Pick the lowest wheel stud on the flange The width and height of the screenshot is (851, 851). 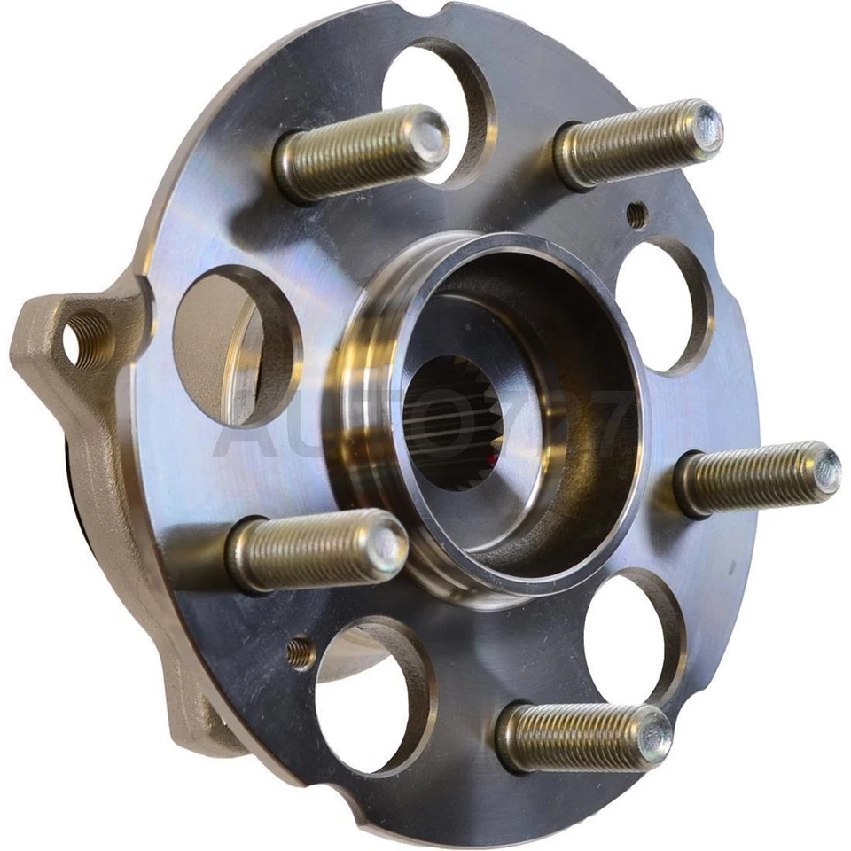[x=581, y=736]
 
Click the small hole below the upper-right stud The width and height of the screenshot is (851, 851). [x=636, y=214]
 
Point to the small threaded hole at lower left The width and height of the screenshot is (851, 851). [x=301, y=653]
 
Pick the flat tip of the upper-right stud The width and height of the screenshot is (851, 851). [x=707, y=127]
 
